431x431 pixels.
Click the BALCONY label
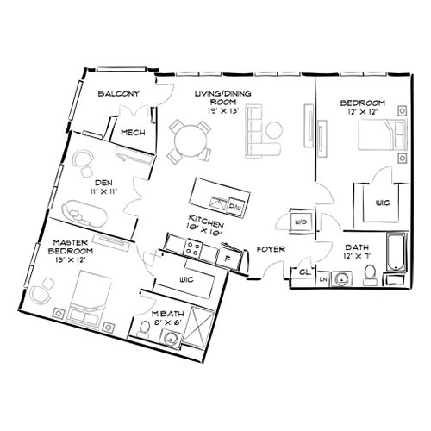point(113,93)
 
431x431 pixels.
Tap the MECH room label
point(132,133)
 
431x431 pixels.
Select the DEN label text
point(104,183)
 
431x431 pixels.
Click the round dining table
point(189,138)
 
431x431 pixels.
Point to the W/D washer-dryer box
point(302,222)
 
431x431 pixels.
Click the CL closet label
point(304,272)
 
